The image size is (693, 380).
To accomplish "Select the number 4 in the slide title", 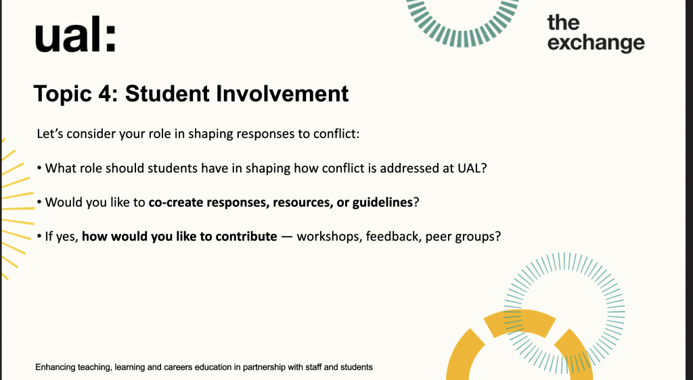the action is [106, 93].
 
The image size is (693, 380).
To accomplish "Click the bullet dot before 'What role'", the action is [39, 168].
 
